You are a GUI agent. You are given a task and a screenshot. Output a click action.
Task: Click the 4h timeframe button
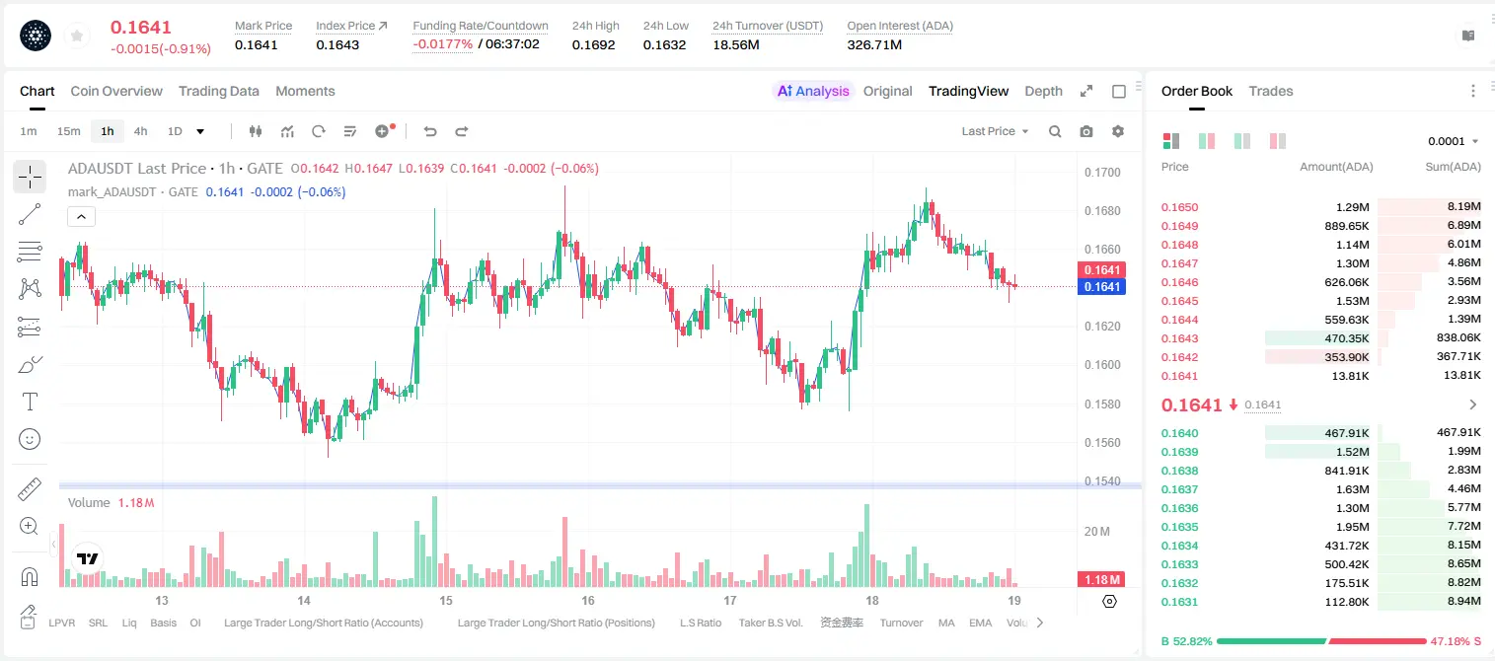pyautogui.click(x=140, y=131)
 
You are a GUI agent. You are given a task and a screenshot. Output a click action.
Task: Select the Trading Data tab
pyautogui.click(x=218, y=91)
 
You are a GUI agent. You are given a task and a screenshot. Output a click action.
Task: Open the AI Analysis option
pyautogui.click(x=813, y=91)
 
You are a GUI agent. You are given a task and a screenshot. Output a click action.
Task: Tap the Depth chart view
pyautogui.click(x=1043, y=91)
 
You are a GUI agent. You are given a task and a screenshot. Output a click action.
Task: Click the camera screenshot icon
pyautogui.click(x=1086, y=131)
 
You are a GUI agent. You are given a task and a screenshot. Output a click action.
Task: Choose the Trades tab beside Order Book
pyautogui.click(x=1271, y=91)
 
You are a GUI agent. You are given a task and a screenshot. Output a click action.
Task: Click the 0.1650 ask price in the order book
pyautogui.click(x=1179, y=207)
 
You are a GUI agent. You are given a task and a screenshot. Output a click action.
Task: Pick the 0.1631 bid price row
pyautogui.click(x=1179, y=602)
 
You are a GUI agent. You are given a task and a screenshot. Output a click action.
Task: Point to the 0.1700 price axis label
pyautogui.click(x=1102, y=172)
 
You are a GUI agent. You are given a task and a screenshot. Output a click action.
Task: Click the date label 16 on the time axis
pyautogui.click(x=587, y=600)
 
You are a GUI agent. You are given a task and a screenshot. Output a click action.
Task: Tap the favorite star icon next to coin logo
pyautogui.click(x=77, y=37)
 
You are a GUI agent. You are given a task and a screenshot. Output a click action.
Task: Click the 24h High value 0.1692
pyautogui.click(x=593, y=44)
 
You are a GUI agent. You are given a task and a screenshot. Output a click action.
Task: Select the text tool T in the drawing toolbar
pyautogui.click(x=30, y=402)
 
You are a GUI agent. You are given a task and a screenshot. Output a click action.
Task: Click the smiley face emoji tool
pyautogui.click(x=30, y=439)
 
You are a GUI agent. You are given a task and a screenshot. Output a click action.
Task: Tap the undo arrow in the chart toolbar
pyautogui.click(x=430, y=131)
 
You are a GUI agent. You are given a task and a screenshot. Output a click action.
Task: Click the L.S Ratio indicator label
pyautogui.click(x=700, y=623)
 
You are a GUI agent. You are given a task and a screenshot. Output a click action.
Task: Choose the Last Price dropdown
pyautogui.click(x=995, y=131)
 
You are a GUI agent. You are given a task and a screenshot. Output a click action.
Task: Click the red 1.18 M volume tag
pyautogui.click(x=1100, y=580)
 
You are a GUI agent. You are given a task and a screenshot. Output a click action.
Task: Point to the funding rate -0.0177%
pyautogui.click(x=442, y=44)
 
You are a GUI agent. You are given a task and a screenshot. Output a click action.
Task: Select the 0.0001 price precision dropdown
pyautogui.click(x=1453, y=141)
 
